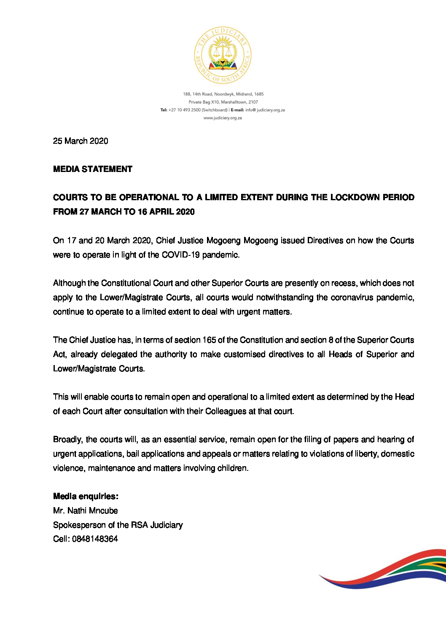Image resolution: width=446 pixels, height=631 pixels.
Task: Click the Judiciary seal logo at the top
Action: point(223,56)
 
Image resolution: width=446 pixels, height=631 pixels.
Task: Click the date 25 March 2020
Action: point(81,141)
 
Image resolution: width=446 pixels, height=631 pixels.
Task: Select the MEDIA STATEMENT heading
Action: point(93,169)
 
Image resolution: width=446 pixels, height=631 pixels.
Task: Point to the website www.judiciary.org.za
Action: point(223,118)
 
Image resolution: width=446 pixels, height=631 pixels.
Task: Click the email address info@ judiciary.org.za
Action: point(265,110)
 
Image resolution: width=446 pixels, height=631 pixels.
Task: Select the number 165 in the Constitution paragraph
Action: point(209,340)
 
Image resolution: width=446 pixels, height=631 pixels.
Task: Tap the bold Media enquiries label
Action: point(86,496)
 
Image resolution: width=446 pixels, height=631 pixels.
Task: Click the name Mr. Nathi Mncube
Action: point(86,510)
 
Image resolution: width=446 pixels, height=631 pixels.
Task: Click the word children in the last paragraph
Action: point(232,468)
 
